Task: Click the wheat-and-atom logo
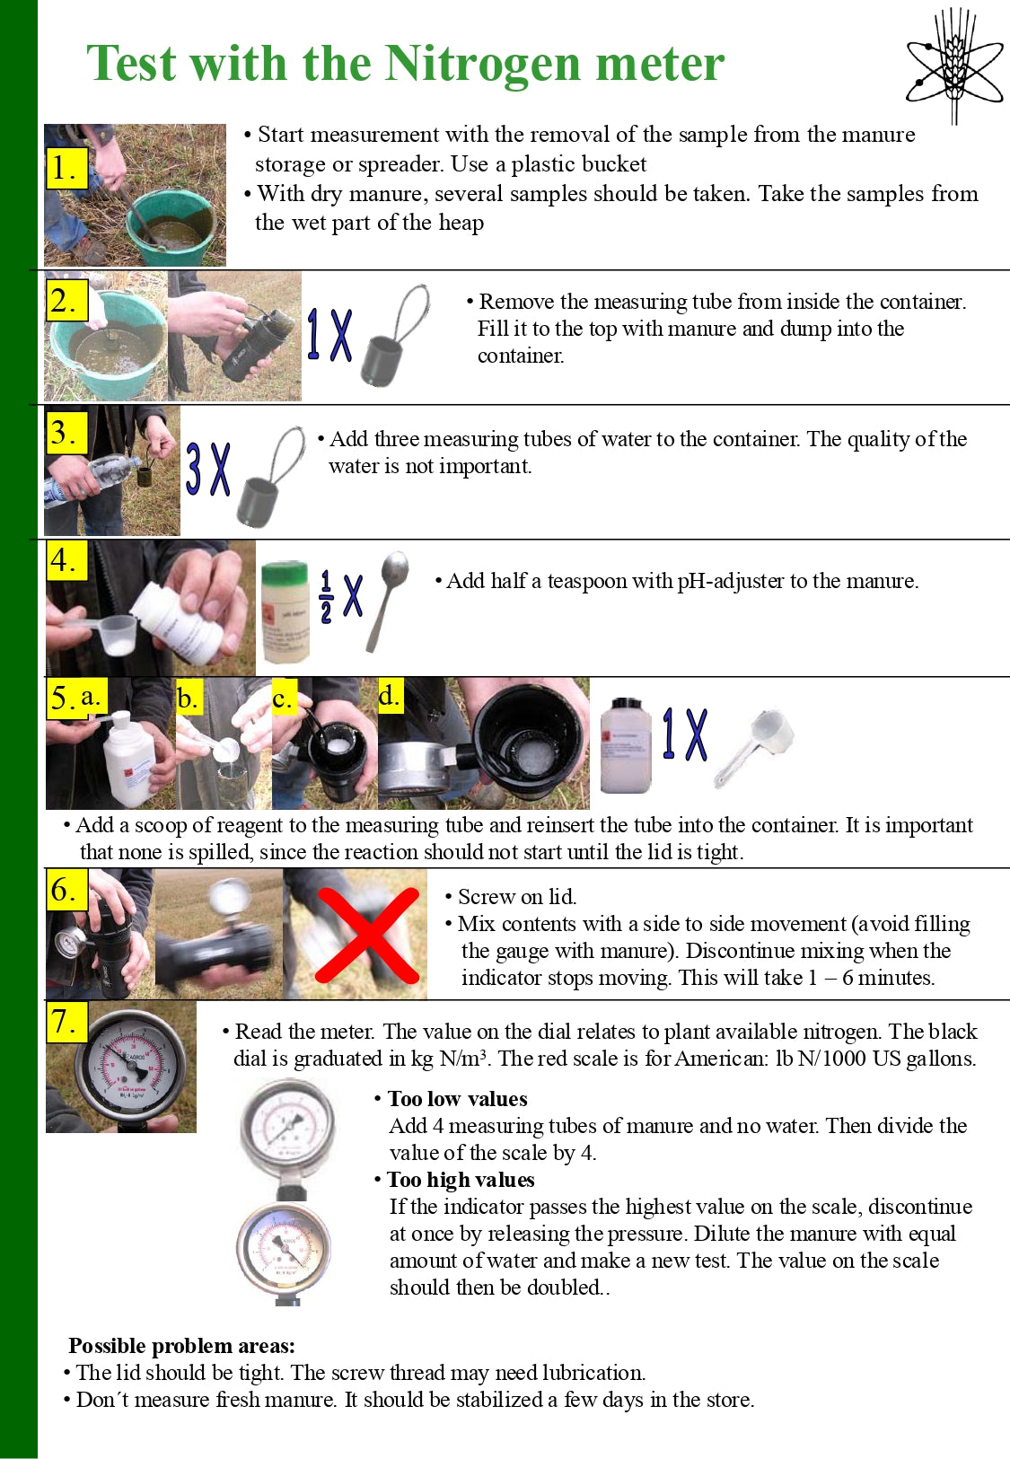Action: tap(954, 65)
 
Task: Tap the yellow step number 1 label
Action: tap(66, 168)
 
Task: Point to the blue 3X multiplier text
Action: tap(208, 469)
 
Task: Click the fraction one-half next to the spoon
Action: tap(326, 596)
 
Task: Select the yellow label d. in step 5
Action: tap(390, 696)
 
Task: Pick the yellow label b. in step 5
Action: tap(188, 698)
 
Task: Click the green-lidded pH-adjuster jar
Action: tap(285, 611)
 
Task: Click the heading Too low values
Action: tap(457, 1099)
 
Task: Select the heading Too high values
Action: tap(460, 1180)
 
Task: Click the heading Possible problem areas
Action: tap(181, 1346)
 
